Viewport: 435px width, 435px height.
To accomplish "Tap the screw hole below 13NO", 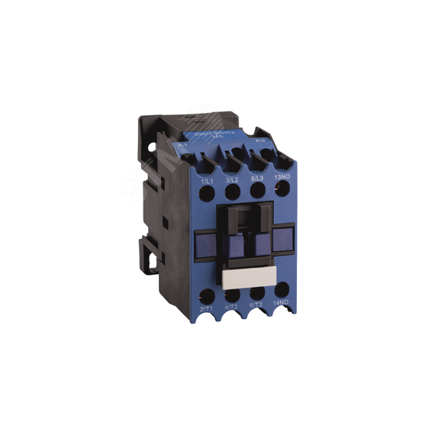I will click(x=281, y=192).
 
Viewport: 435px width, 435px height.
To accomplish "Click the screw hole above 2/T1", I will click(x=205, y=294).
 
